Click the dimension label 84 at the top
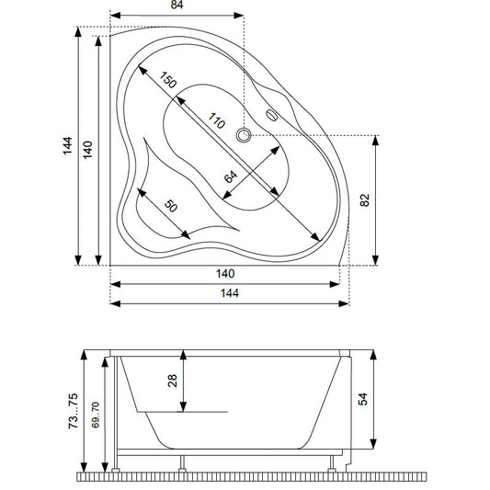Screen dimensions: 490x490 click(177, 5)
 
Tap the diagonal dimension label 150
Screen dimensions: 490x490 click(168, 80)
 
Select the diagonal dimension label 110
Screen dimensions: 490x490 click(217, 120)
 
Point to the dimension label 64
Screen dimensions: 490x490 click(231, 177)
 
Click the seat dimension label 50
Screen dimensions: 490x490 click(171, 206)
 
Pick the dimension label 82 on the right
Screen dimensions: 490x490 click(365, 200)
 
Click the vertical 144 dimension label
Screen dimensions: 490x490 click(67, 145)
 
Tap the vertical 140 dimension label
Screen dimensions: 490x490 click(88, 150)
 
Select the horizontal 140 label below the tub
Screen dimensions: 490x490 click(225, 274)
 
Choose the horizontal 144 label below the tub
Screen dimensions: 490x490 click(230, 293)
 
